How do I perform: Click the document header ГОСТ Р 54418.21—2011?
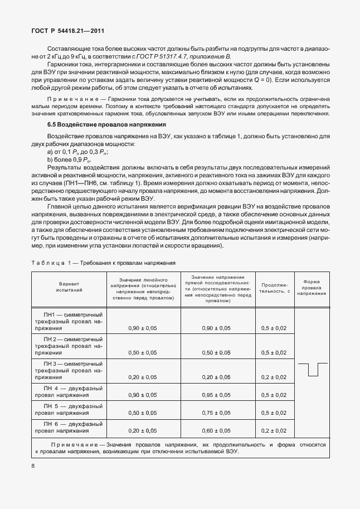tap(66, 32)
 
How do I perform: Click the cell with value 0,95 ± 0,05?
tap(216, 395)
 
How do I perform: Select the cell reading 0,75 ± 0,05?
tap(216, 413)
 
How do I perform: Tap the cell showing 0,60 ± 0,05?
tap(216, 430)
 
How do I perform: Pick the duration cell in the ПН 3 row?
tap(274, 377)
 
